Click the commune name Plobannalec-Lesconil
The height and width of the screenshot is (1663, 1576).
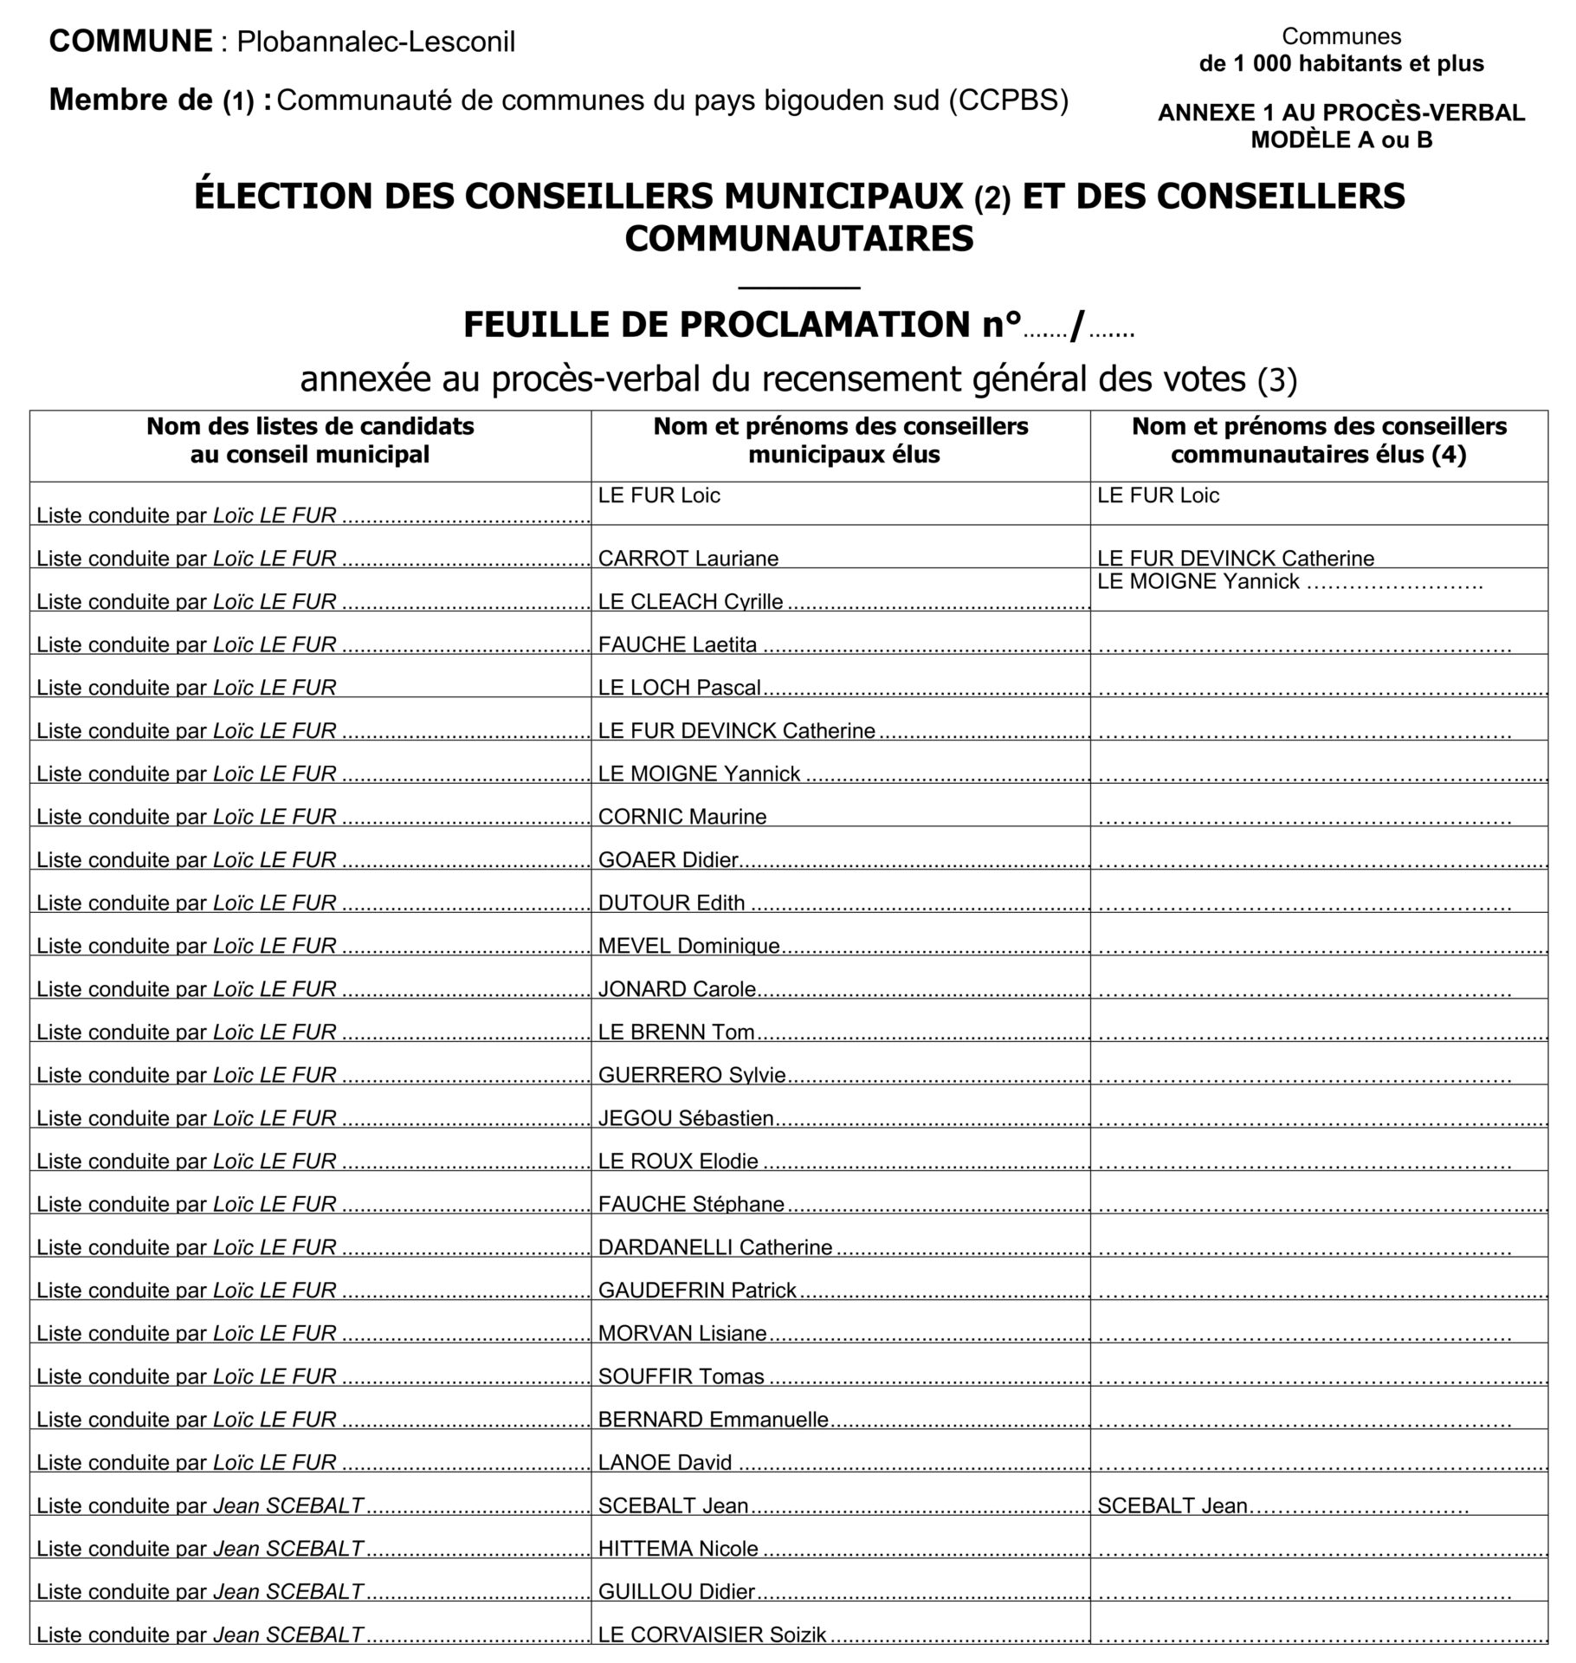click(376, 42)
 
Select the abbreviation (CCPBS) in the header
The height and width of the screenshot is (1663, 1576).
click(1008, 101)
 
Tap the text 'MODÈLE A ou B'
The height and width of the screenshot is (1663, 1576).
click(1341, 140)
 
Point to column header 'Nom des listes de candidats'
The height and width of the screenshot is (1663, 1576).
click(310, 426)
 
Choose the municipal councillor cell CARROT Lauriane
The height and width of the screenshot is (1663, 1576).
click(688, 559)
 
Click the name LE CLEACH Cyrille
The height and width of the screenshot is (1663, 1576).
click(690, 602)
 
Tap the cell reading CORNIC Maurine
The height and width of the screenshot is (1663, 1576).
click(682, 817)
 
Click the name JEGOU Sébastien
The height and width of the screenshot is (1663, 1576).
click(686, 1118)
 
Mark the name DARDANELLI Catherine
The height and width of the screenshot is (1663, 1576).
click(714, 1247)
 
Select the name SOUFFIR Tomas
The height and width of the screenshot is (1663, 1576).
click(681, 1376)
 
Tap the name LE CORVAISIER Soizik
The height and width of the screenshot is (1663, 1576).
click(712, 1634)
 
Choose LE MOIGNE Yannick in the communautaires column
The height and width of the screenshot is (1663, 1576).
click(1198, 582)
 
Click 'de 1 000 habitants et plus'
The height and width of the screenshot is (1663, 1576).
click(1341, 64)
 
